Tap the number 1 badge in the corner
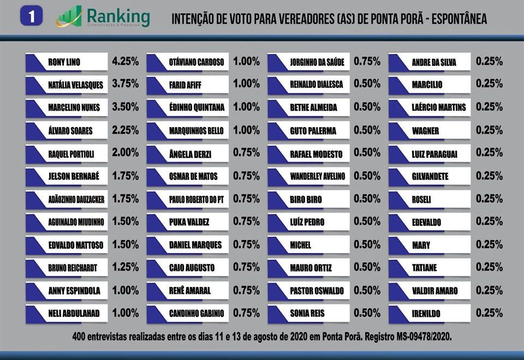(x=32, y=17)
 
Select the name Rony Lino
(x=64, y=62)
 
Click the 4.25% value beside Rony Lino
(x=125, y=62)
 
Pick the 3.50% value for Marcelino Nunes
(x=125, y=107)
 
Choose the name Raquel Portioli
(x=71, y=154)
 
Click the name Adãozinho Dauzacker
(x=76, y=200)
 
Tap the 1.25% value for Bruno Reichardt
(x=125, y=267)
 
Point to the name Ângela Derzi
(x=190, y=154)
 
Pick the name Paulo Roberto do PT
(x=196, y=200)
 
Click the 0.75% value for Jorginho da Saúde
(x=367, y=62)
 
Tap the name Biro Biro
(x=306, y=200)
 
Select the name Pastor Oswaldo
(x=317, y=291)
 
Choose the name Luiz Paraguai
(x=434, y=154)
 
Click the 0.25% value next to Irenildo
(x=489, y=313)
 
